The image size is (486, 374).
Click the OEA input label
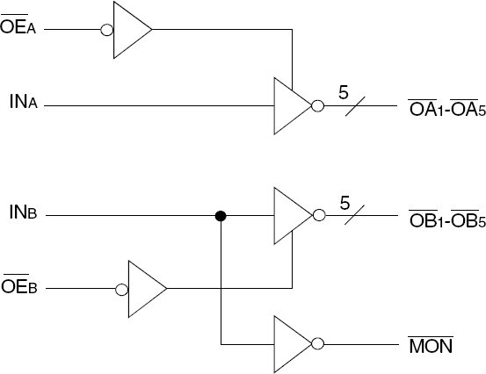(x=18, y=29)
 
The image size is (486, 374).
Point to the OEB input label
(x=18, y=287)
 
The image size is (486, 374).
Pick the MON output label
(x=431, y=343)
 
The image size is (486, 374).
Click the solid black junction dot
(x=221, y=215)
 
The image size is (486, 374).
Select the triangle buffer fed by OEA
(x=130, y=29)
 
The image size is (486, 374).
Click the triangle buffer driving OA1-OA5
(x=291, y=106)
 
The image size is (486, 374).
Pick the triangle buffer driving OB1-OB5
(x=291, y=215)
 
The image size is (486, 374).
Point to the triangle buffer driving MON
(x=291, y=343)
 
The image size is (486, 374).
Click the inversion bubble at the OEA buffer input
(x=107, y=29)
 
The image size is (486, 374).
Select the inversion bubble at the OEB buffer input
(x=121, y=287)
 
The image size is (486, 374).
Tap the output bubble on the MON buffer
(x=318, y=343)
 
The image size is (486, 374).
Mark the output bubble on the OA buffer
(x=318, y=106)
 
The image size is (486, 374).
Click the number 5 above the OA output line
(x=345, y=90)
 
